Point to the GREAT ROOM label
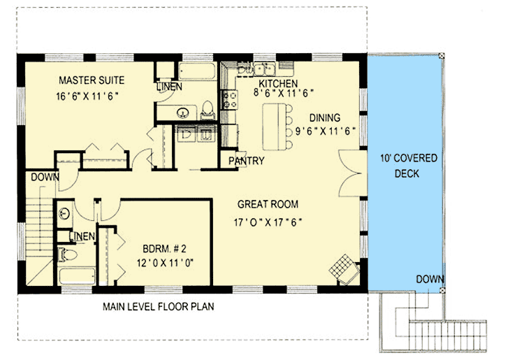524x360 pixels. tap(268, 205)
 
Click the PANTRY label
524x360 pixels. tap(246, 161)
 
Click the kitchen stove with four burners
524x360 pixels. tap(228, 101)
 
